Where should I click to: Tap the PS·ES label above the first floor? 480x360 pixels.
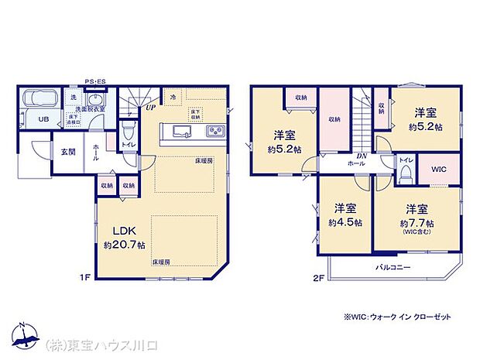[95, 81]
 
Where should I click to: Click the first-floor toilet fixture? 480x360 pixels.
[128, 127]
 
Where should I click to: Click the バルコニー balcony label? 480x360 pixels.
[394, 266]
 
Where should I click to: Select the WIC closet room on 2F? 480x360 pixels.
[439, 169]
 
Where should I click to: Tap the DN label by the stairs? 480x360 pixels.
[362, 156]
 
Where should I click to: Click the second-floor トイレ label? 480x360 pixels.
[406, 159]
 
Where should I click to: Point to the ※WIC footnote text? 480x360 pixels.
[396, 317]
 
